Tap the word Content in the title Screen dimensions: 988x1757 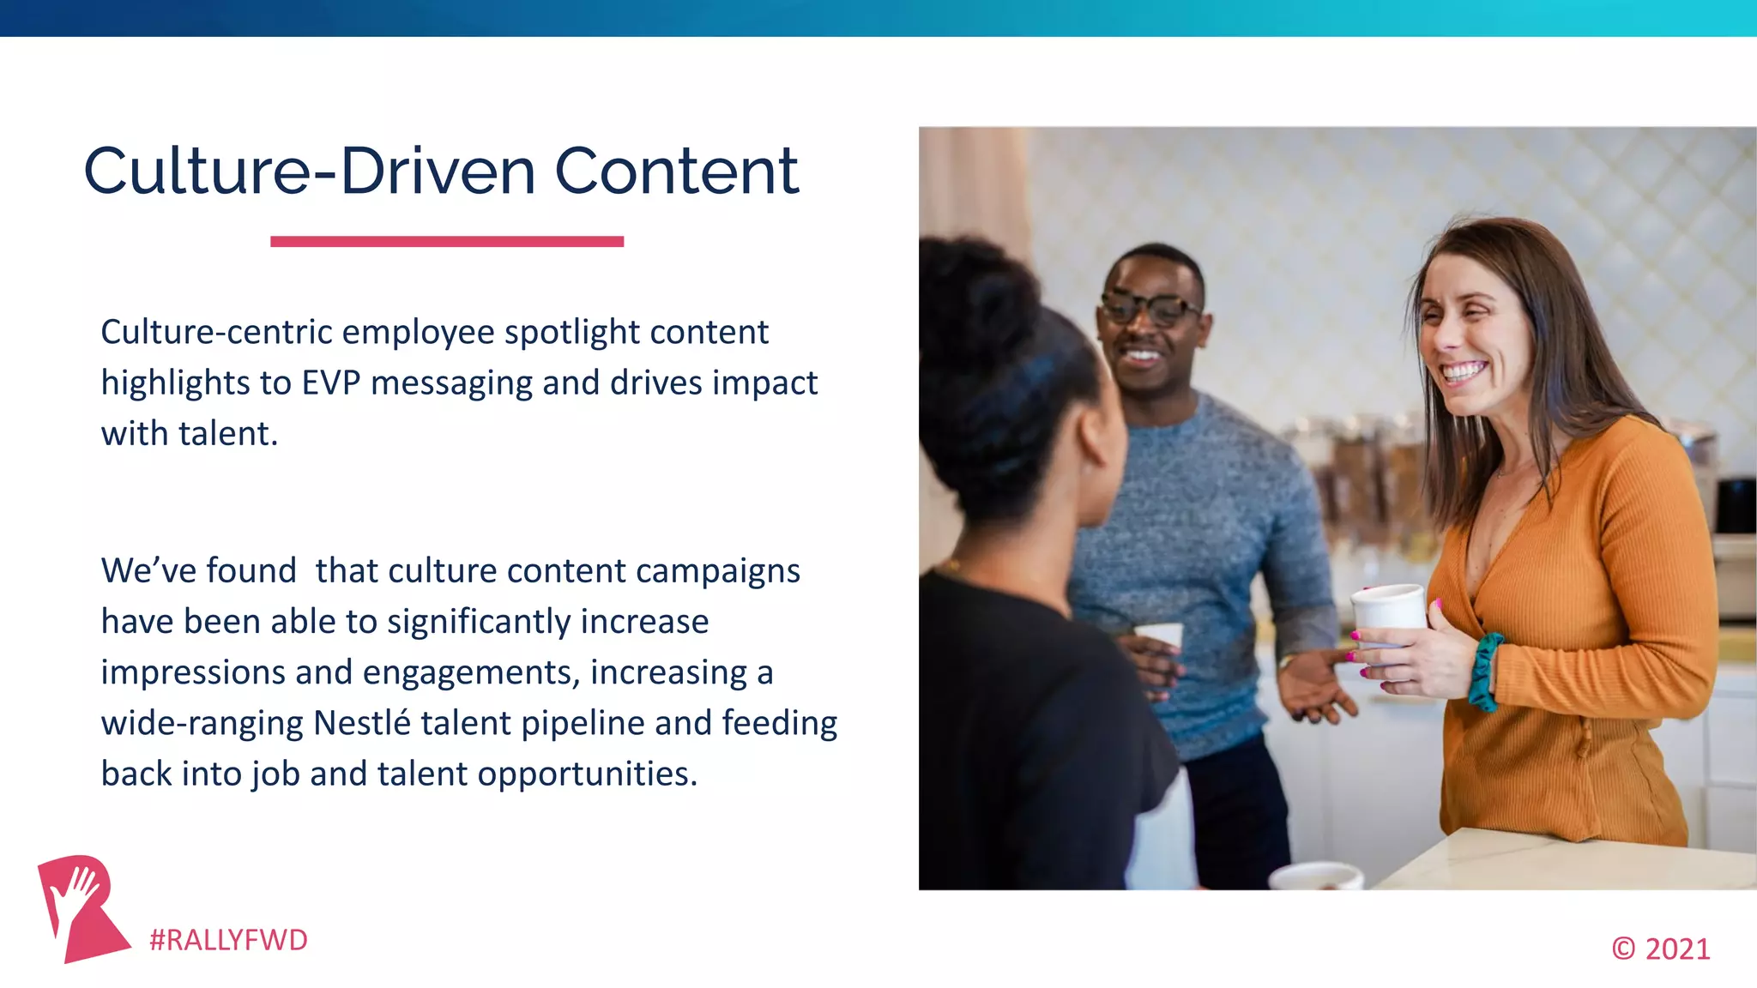pos(677,171)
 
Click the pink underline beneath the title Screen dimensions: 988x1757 pos(446,242)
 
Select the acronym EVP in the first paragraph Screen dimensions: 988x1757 pos(331,383)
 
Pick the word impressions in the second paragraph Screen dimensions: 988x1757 pos(192,672)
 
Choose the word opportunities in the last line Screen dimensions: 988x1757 pos(587,774)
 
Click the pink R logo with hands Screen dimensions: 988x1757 pos(81,907)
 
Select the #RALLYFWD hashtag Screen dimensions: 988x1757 pos(228,940)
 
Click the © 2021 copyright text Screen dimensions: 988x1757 pos(1660,949)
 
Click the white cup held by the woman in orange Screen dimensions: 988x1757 pos(1387,611)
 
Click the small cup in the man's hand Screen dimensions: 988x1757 pos(1159,636)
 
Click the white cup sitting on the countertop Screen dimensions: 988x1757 pos(1315,876)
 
